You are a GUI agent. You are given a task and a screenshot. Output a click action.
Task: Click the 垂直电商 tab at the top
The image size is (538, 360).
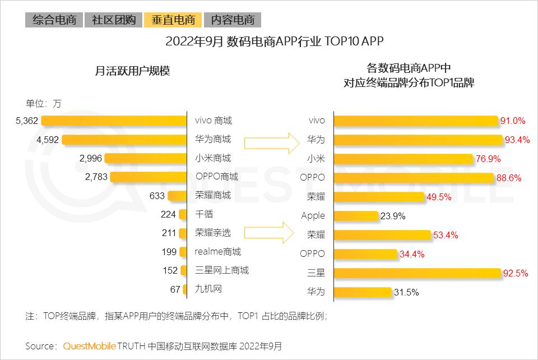point(173,20)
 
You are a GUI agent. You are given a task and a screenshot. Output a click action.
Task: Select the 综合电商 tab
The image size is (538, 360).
point(54,20)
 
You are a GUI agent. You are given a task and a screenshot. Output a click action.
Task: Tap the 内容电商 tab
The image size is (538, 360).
point(233,20)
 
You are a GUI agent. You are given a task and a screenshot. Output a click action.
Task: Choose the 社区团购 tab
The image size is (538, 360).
point(114,20)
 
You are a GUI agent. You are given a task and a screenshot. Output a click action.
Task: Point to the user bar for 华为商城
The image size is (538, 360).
point(123,140)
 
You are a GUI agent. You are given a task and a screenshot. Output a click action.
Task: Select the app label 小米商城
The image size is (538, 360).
point(212,158)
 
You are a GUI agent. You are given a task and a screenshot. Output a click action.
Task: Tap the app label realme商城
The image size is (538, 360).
point(217,251)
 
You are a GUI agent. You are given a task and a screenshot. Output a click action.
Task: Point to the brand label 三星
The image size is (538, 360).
point(316,273)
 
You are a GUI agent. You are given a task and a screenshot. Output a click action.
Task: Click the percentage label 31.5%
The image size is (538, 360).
point(406,292)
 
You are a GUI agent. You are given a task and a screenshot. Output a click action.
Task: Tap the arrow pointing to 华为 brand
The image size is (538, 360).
point(269,142)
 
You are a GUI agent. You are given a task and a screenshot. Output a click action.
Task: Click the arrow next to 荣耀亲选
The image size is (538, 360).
point(269,232)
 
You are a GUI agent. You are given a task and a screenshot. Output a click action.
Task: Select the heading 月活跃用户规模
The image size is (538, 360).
point(132,71)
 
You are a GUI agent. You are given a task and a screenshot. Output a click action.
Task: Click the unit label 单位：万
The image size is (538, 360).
point(43,103)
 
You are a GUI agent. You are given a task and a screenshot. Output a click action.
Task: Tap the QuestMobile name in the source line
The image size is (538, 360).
point(89,346)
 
